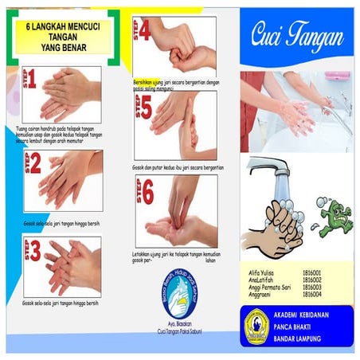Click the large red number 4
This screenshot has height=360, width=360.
pyautogui.click(x=147, y=30)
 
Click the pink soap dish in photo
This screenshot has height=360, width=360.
pyautogui.click(x=337, y=76)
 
